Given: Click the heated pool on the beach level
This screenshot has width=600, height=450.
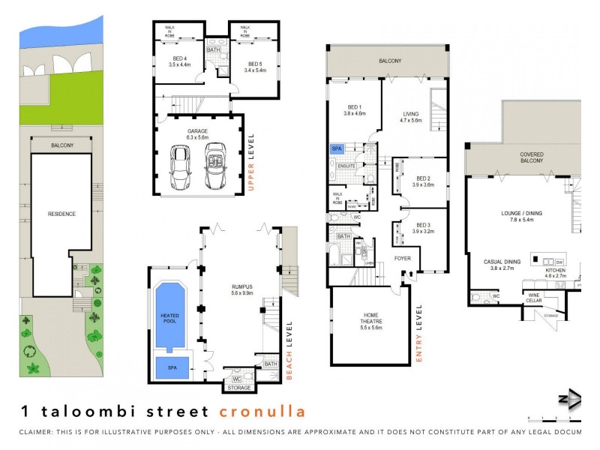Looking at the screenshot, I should coord(169,318).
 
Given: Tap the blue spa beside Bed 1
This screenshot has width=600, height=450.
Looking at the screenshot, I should coord(337,149).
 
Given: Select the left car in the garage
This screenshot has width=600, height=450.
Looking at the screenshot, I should coord(180,166).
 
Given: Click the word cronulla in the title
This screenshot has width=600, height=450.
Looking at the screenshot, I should coord(262,411).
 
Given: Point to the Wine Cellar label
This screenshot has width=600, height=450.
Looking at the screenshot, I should coord(533,298).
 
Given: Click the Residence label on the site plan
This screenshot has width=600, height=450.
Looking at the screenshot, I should coord(61,214).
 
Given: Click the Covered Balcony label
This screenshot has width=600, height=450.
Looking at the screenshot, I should coord(531,157).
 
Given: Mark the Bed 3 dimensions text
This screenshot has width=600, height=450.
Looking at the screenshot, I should coord(423,231).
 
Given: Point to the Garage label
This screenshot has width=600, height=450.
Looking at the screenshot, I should coord(198,130).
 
